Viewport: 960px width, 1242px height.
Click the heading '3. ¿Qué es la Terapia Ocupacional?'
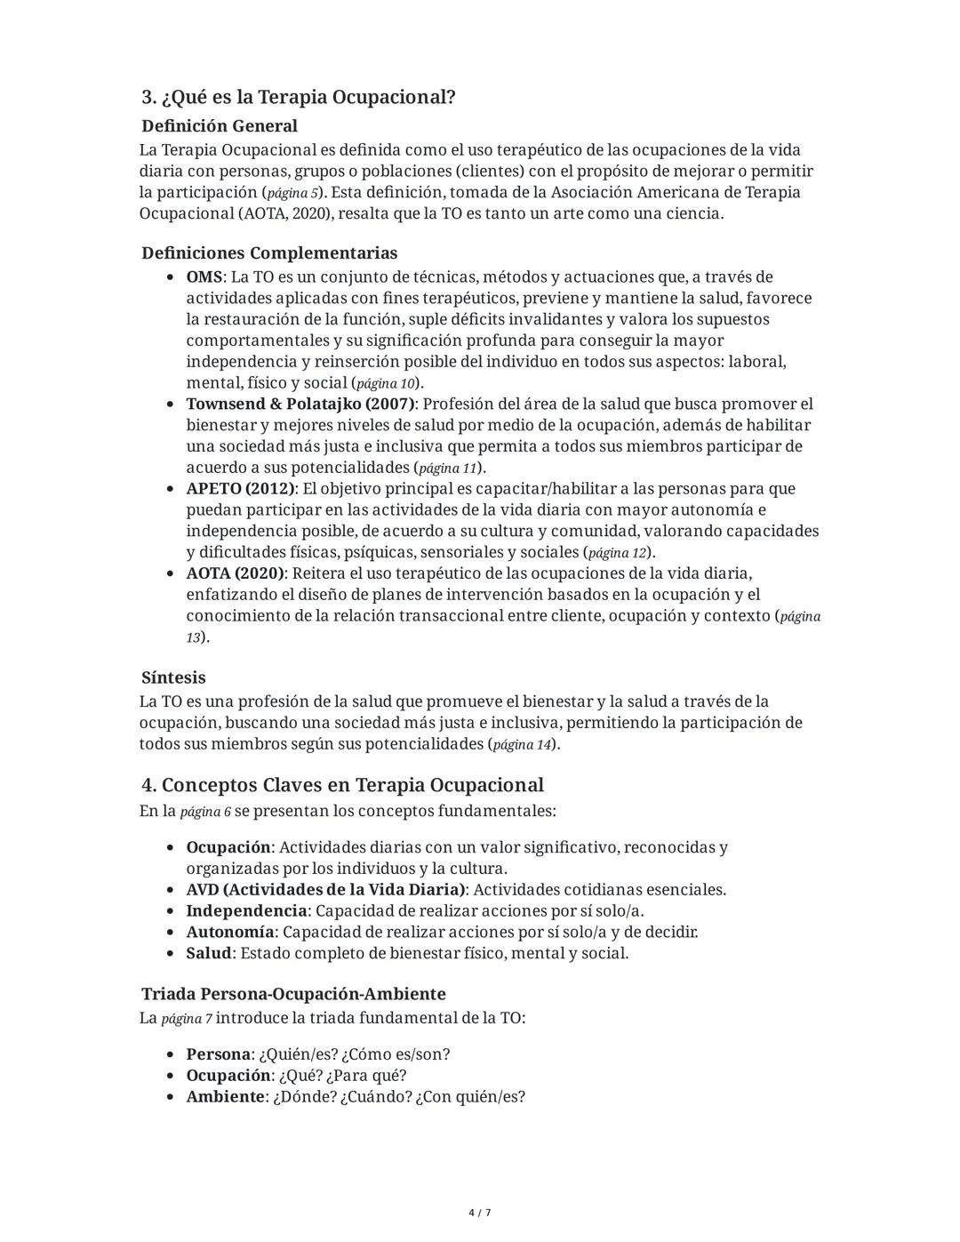pyautogui.click(x=299, y=97)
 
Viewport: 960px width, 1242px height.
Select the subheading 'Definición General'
pyautogui.click(x=220, y=126)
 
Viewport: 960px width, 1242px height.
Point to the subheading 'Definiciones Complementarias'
pyautogui.click(x=269, y=253)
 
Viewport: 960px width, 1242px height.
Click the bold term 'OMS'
pyautogui.click(x=204, y=277)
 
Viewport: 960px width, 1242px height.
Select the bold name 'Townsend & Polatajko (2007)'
pyautogui.click(x=300, y=404)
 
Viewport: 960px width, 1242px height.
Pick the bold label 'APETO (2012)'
pyautogui.click(x=240, y=489)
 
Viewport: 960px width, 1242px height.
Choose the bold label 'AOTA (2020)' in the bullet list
pyautogui.click(x=235, y=573)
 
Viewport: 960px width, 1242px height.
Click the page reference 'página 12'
pyautogui.click(x=617, y=553)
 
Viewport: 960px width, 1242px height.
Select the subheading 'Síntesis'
pyautogui.click(x=173, y=677)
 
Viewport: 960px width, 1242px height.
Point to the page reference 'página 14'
pyautogui.click(x=522, y=744)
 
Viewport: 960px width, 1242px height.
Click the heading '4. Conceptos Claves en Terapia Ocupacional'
pyautogui.click(x=342, y=785)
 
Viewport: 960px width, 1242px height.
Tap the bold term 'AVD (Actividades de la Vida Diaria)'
pyautogui.click(x=325, y=890)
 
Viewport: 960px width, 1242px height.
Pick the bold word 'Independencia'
pyautogui.click(x=246, y=911)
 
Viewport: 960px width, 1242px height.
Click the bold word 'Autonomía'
pyautogui.click(x=229, y=933)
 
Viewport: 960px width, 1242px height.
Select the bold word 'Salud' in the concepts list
pyautogui.click(x=208, y=954)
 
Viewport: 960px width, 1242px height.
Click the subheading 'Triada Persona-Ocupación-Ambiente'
pyautogui.click(x=293, y=994)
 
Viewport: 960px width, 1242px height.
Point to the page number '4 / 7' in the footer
pyautogui.click(x=480, y=1213)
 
